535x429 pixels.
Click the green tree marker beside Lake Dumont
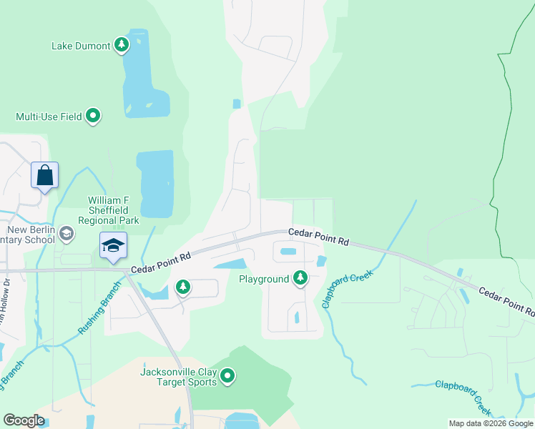[122, 46]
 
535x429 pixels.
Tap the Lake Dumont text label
[81, 46]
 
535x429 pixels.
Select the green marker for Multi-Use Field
[92, 115]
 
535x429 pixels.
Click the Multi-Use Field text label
[49, 116]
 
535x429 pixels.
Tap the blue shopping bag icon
[44, 175]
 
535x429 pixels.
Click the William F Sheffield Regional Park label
[113, 211]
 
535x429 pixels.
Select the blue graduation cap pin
[113, 246]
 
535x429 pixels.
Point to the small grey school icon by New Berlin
[66, 233]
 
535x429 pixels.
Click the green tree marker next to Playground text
[300, 277]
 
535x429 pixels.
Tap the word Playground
[264, 278]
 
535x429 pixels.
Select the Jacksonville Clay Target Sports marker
[227, 375]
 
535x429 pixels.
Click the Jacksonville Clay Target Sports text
[178, 376]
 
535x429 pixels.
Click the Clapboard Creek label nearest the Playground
[348, 288]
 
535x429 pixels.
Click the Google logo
[24, 420]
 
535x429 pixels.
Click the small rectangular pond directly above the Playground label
[288, 252]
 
